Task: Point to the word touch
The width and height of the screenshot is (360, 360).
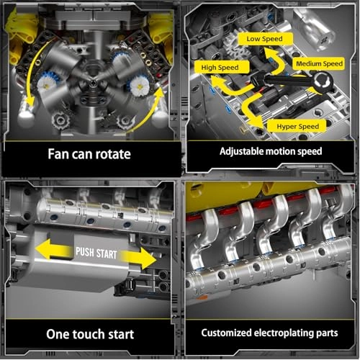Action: pos(93,335)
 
